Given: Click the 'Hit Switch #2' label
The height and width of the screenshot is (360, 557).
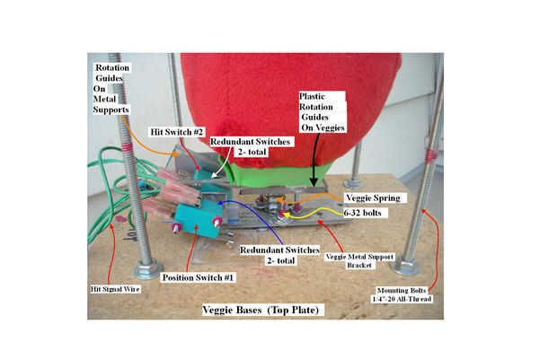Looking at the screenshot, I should [x=171, y=131].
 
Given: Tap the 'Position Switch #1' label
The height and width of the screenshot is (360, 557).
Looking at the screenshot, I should [x=199, y=277].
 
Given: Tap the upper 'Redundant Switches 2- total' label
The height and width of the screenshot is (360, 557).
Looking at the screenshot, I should [x=238, y=148].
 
